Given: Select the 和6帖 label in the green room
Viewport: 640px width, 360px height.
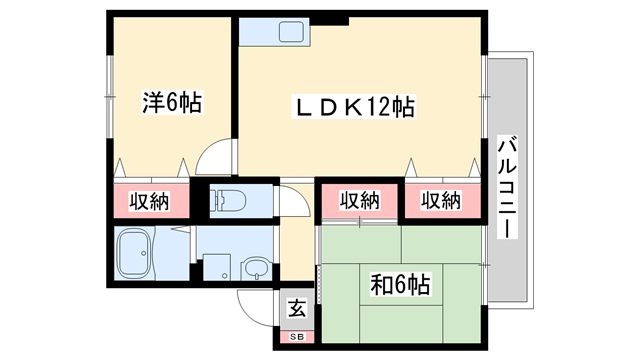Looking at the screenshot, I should tap(400, 286).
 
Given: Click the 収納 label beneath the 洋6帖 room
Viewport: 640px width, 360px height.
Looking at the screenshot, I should tap(149, 201).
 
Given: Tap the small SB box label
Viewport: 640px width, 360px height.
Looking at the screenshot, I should tap(296, 338).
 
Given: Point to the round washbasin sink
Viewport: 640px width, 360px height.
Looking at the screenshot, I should tap(255, 269).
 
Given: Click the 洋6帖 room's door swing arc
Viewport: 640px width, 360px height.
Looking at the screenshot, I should tap(214, 158).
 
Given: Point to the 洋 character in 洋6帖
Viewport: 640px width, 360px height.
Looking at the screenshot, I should tap(152, 102).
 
